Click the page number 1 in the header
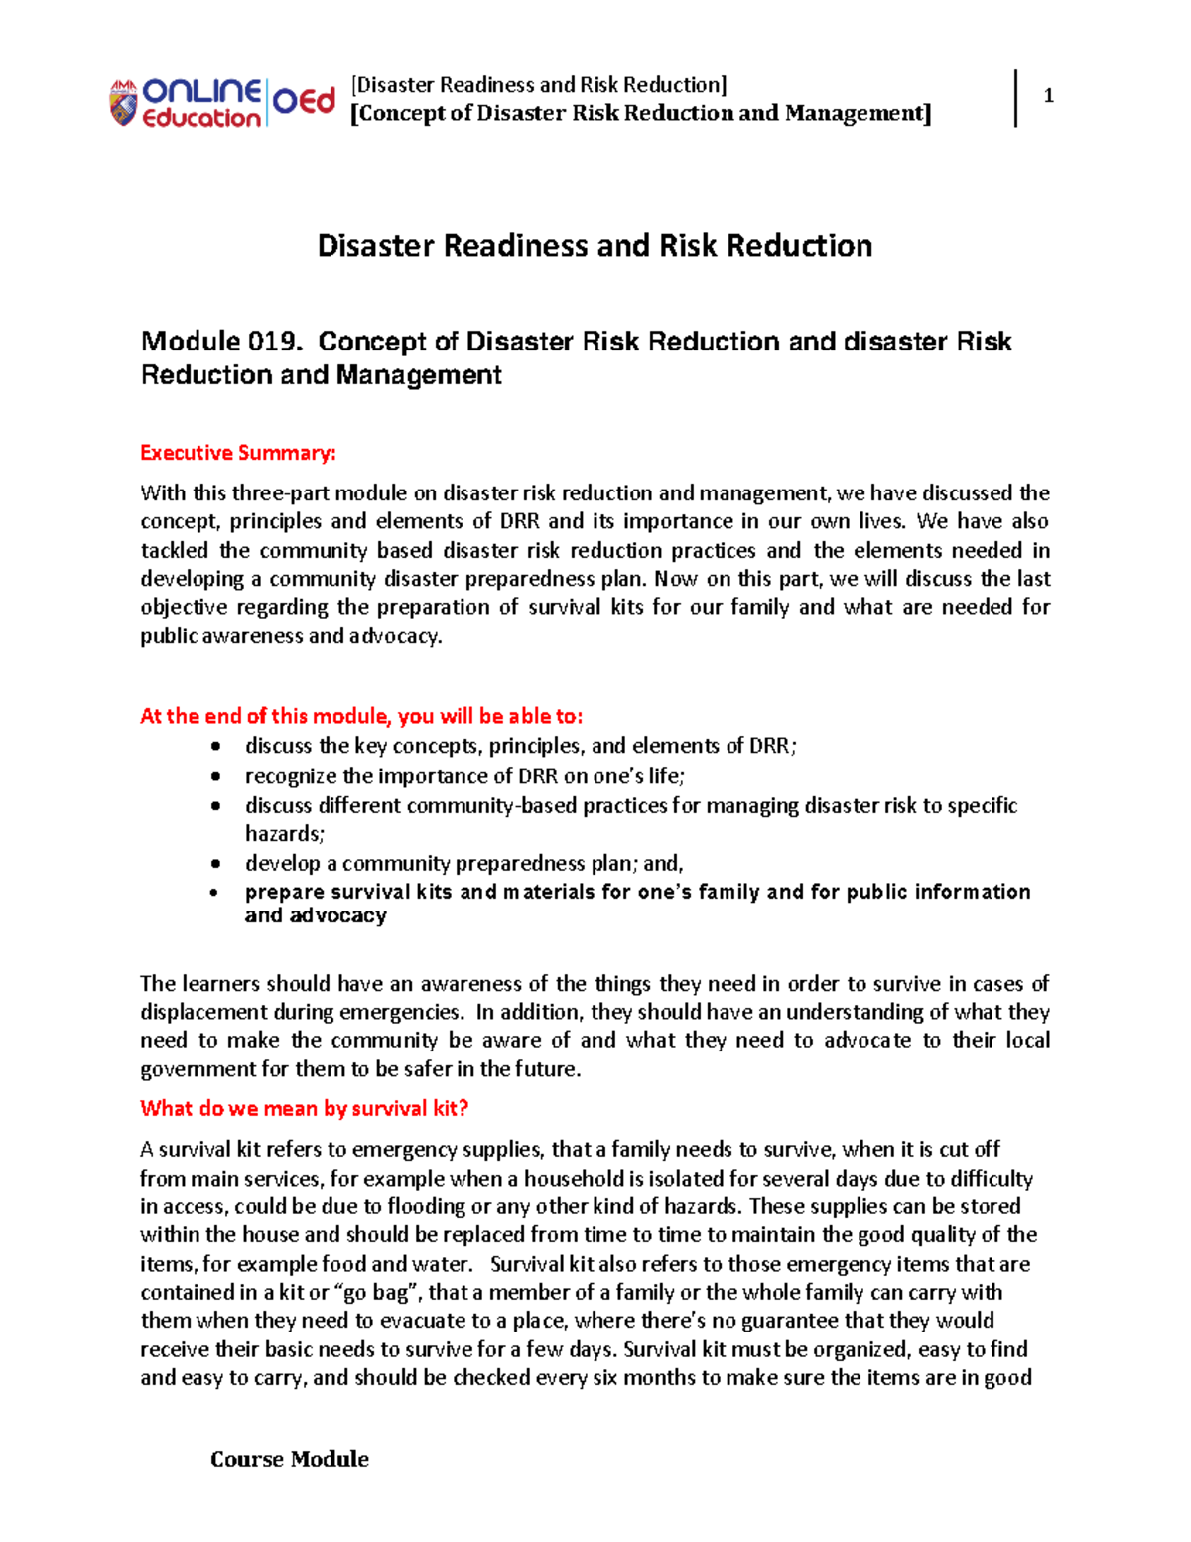pos(1048,96)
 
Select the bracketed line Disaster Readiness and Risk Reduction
pos(539,85)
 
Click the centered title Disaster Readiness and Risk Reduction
pos(595,246)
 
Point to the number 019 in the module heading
pos(273,342)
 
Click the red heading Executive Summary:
pos(238,453)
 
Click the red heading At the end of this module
pos(361,716)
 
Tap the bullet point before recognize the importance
pos(216,776)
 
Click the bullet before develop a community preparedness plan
pos(216,864)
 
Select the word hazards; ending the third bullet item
pos(285,834)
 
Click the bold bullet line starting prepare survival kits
pos(637,892)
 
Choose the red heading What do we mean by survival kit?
pos(304,1108)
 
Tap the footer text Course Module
pos(289,1459)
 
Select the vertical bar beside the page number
pos(1016,97)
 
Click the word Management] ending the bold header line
pos(858,113)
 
